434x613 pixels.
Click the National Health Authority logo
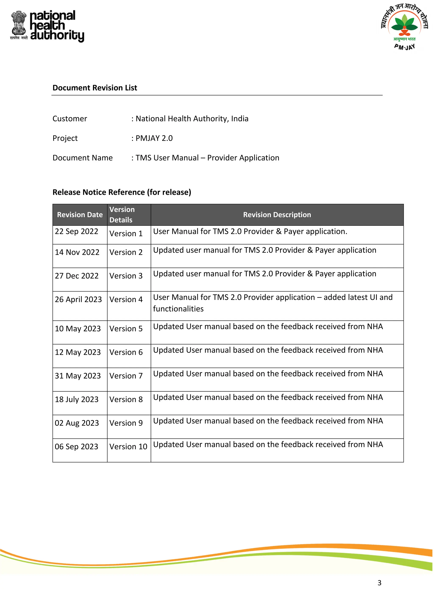click(x=47, y=26)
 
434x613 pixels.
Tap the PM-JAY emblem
click(x=404, y=27)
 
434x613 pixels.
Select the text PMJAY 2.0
click(x=154, y=138)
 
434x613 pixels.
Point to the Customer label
click(x=70, y=119)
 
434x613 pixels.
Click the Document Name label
click(x=83, y=158)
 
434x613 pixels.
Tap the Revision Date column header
click(x=80, y=215)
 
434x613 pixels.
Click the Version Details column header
click(x=122, y=215)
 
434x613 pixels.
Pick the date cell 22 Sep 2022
click(x=77, y=232)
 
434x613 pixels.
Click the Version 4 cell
click(x=126, y=300)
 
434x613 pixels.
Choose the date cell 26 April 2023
click(x=78, y=300)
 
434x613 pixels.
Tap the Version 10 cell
click(x=128, y=447)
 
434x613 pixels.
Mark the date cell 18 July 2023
click(x=77, y=399)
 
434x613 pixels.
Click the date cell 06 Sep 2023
click(x=77, y=447)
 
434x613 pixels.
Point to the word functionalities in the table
click(x=178, y=309)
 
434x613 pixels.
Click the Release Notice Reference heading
click(x=122, y=192)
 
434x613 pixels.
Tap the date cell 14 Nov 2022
click(x=77, y=252)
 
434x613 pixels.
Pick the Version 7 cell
click(x=126, y=376)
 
